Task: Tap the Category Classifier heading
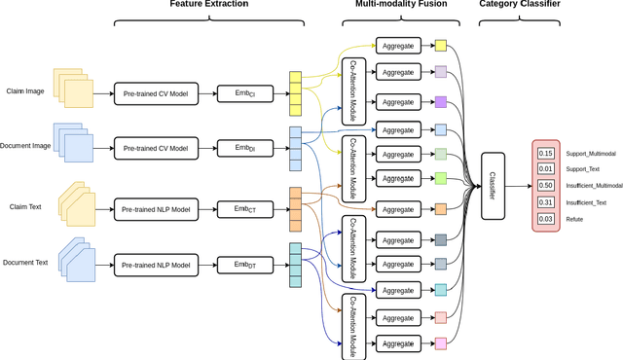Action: pos(521,6)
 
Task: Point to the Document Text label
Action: pos(23,264)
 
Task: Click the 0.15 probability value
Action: pos(545,153)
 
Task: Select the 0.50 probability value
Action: pos(545,185)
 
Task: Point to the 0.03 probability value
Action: pos(545,218)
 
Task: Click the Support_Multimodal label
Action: pos(590,154)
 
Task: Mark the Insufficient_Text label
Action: pos(587,202)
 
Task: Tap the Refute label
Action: pos(574,219)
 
